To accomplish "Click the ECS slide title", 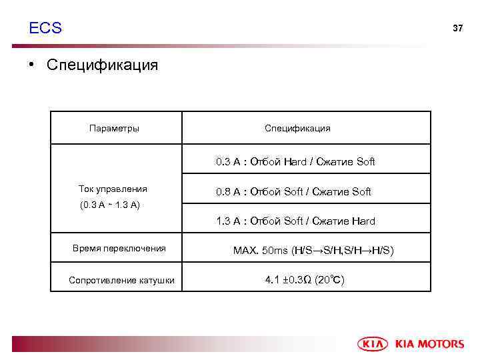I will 45,28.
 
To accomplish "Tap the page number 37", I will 457,29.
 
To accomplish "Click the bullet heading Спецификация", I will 102,65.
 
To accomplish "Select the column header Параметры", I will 114,128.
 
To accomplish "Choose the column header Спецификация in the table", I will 297,128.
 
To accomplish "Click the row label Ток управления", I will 113,189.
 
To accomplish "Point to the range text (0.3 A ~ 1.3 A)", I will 109,205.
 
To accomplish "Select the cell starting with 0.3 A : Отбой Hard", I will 295,161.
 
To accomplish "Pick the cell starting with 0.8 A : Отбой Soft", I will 293,192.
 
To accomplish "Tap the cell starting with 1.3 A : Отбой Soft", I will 295,221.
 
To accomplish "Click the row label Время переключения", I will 119,249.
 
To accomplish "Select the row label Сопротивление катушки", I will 121,280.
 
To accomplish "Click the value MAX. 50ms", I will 261,251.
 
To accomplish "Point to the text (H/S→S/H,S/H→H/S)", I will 343,251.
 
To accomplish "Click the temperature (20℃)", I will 329,280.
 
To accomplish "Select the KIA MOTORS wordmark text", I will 429,344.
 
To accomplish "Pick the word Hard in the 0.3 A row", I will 295,161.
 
